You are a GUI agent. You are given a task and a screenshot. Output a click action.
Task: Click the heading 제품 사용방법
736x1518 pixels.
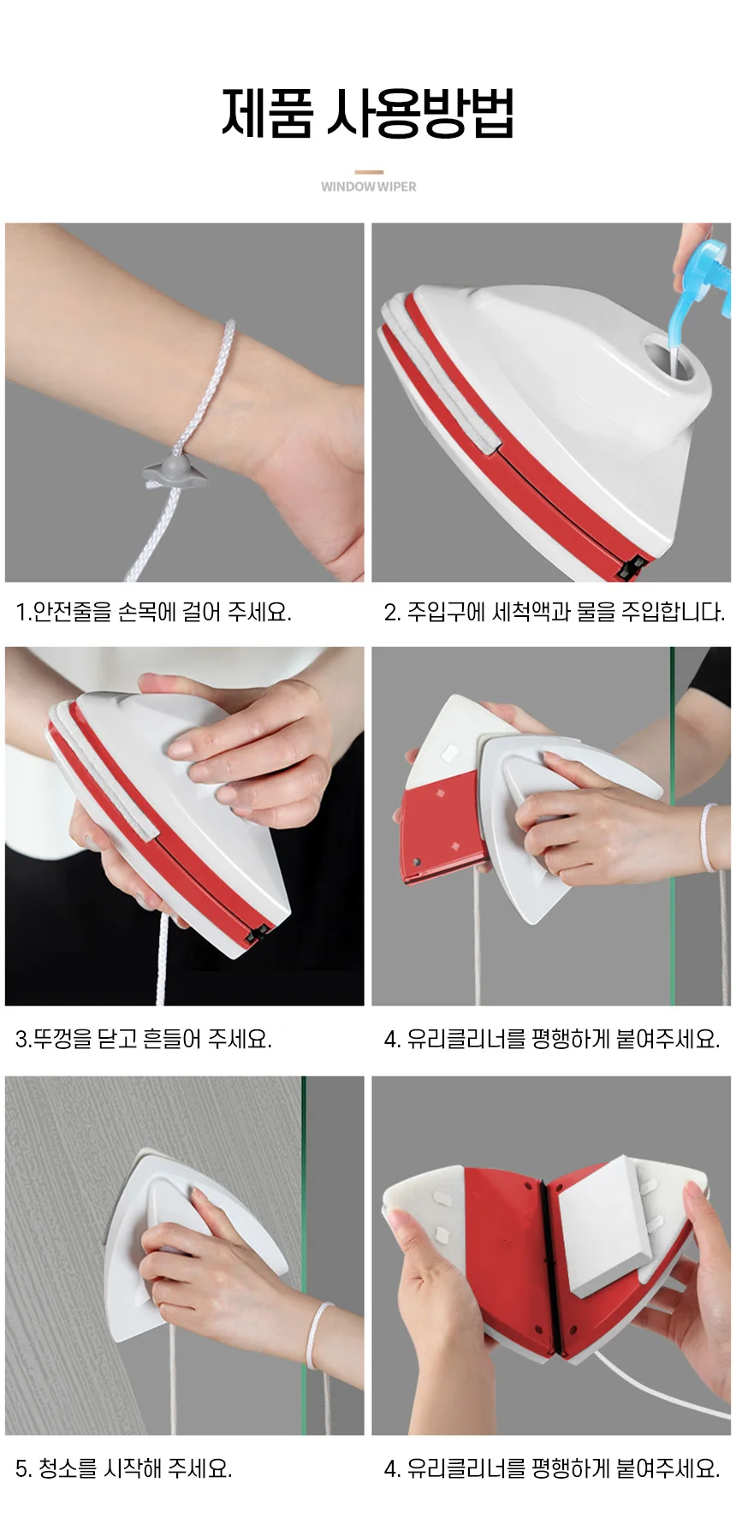click(x=368, y=112)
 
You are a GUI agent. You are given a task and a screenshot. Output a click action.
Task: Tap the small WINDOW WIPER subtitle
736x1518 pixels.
click(x=368, y=187)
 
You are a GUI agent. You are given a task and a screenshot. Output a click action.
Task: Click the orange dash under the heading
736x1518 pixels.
click(x=368, y=172)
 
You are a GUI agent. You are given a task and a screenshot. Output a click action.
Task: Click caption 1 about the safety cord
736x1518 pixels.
click(x=154, y=612)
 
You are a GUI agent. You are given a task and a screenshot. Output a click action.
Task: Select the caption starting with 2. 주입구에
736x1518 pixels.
click(x=554, y=612)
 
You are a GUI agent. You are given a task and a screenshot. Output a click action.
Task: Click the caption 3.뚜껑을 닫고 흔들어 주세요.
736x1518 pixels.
click(x=144, y=1039)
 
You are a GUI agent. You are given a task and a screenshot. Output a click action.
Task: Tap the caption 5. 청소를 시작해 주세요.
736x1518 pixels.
click(x=124, y=1468)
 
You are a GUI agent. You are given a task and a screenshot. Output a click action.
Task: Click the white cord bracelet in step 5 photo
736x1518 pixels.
click(x=318, y=1335)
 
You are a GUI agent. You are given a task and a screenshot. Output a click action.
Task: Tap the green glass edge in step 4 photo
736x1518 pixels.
click(x=672, y=826)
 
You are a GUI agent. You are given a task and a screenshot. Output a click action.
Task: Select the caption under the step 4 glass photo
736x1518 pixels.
click(x=552, y=1039)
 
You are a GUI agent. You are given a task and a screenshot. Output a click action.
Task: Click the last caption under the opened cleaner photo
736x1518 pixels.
click(x=552, y=1468)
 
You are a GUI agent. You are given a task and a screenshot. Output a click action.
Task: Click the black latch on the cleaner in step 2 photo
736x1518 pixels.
click(x=632, y=566)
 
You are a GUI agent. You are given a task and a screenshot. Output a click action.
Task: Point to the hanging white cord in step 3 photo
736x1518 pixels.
click(x=163, y=958)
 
